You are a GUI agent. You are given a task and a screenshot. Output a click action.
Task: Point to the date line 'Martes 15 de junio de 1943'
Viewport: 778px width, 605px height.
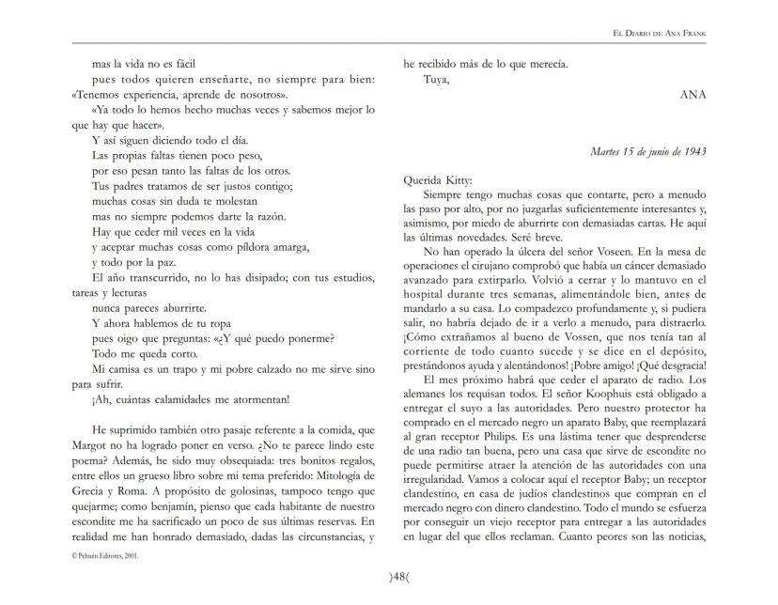tap(648, 151)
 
